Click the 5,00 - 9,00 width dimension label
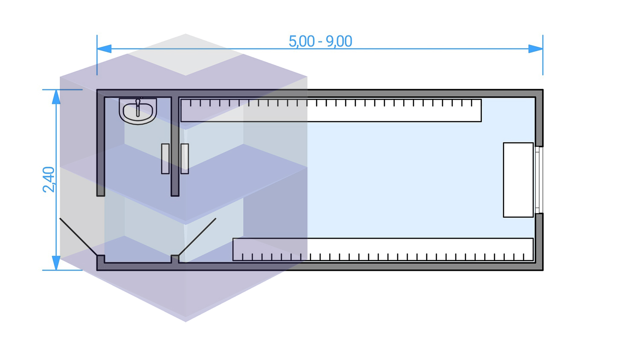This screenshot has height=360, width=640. (x=320, y=41)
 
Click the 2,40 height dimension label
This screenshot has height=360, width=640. (x=49, y=179)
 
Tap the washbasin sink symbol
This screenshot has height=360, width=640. (x=138, y=111)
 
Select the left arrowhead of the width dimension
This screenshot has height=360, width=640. (x=104, y=49)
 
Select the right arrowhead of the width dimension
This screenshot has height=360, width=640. (x=535, y=49)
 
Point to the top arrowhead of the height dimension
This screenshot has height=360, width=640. (x=56, y=97)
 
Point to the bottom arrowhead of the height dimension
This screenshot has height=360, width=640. (x=56, y=263)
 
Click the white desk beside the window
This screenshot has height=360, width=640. (x=518, y=180)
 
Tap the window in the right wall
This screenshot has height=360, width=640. (x=539, y=180)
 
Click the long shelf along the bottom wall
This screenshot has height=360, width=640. (x=383, y=249)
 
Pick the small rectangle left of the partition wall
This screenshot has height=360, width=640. (x=165, y=159)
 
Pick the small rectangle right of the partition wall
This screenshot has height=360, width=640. (x=185, y=159)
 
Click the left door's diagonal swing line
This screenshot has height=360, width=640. (x=79, y=237)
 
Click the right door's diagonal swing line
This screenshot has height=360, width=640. (x=197, y=237)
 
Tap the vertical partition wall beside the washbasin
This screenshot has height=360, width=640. (x=175, y=145)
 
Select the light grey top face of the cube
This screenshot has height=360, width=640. (x=186, y=55)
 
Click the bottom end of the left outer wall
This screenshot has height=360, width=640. (x=101, y=193)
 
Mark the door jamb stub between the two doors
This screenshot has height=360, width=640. (x=175, y=259)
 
